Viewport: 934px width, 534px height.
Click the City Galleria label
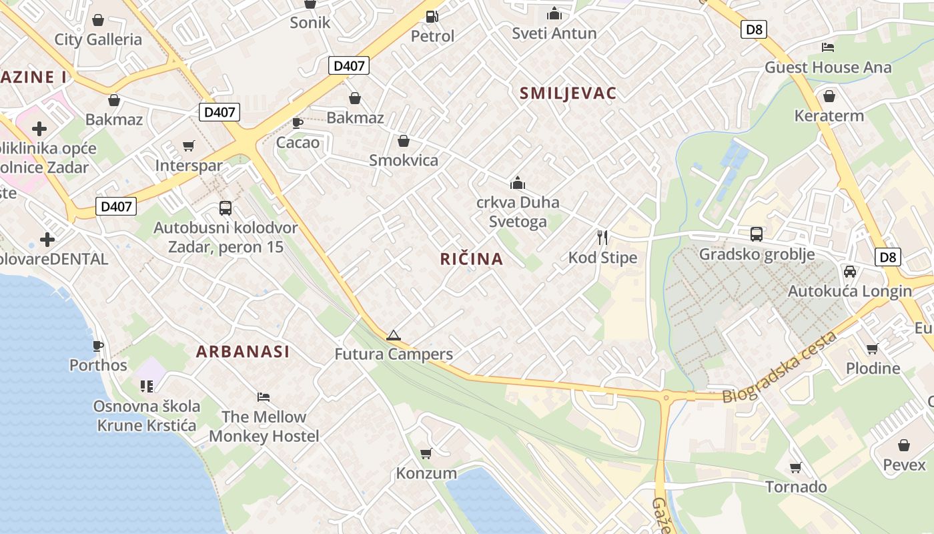point(98,39)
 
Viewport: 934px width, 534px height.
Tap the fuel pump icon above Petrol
point(432,17)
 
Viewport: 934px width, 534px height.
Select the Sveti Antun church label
point(554,33)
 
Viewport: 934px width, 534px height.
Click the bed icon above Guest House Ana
point(828,47)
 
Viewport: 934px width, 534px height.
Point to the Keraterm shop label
point(829,115)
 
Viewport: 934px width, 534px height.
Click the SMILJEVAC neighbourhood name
point(568,93)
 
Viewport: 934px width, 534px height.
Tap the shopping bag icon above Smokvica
point(404,142)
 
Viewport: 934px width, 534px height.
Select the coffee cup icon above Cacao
point(298,123)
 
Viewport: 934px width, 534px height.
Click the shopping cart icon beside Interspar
point(189,146)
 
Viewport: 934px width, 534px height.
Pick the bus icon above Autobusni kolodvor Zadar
point(225,208)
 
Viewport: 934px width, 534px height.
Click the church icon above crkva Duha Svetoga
point(518,183)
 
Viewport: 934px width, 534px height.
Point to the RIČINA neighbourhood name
point(472,259)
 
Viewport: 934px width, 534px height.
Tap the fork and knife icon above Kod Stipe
point(602,238)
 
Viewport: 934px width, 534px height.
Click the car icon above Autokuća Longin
point(849,272)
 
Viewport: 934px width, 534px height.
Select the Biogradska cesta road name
point(780,368)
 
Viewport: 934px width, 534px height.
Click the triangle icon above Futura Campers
point(394,335)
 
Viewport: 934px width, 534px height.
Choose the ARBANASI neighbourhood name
point(243,352)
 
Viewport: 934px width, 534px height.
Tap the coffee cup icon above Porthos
point(98,346)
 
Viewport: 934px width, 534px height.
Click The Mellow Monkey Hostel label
point(264,427)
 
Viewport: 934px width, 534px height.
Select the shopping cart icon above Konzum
point(426,454)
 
